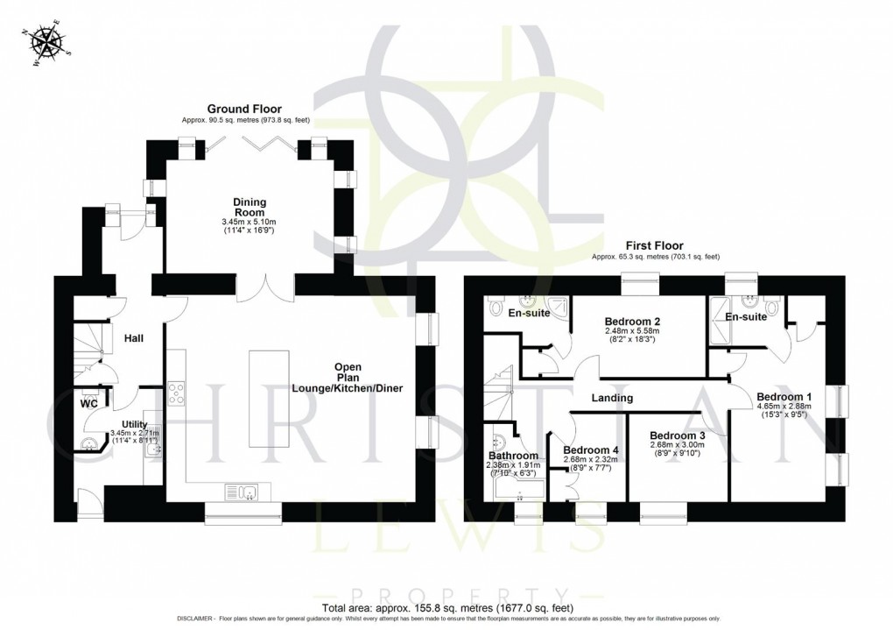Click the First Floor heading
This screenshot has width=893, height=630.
tap(655, 246)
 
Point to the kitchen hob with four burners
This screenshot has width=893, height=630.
tap(177, 393)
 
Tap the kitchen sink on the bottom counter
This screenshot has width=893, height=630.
tap(241, 491)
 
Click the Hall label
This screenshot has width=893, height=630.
tap(133, 338)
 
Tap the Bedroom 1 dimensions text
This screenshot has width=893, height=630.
tap(782, 411)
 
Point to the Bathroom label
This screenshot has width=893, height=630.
tap(513, 456)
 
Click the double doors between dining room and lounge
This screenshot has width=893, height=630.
tap(266, 286)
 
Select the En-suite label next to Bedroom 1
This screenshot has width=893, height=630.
tap(746, 316)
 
